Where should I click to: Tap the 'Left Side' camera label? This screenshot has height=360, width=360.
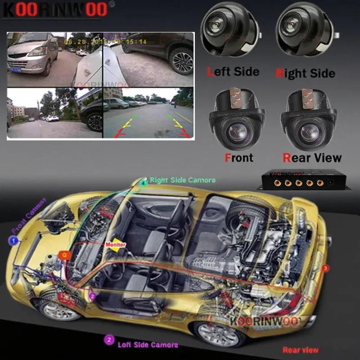point(233,72)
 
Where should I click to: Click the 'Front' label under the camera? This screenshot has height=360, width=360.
point(238,157)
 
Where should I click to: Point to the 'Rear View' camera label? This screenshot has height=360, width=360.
point(312,157)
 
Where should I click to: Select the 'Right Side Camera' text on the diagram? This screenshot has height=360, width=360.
point(182,180)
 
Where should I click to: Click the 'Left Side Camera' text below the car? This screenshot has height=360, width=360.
point(147,345)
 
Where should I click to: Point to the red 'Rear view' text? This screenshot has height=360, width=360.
point(300,350)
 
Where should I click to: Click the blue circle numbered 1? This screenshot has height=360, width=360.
point(14,241)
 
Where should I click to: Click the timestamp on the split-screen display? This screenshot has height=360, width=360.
point(106,41)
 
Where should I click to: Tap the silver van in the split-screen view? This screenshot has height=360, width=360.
point(32,54)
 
